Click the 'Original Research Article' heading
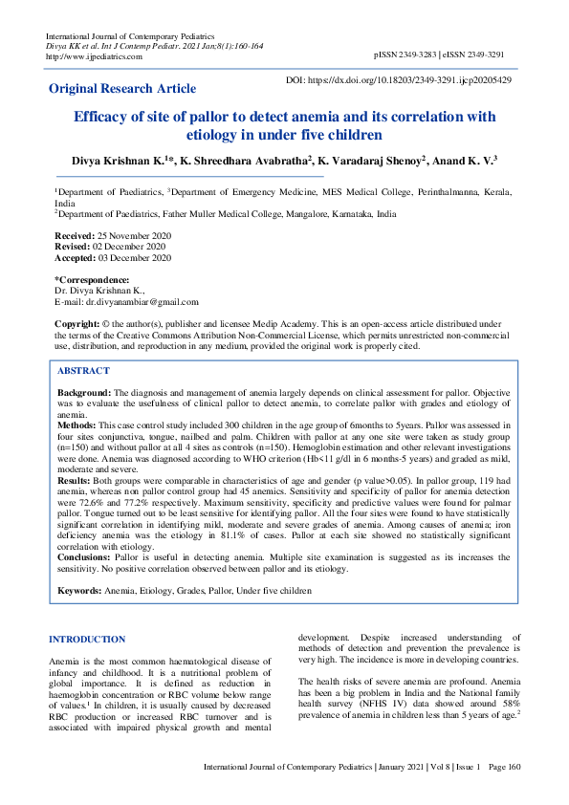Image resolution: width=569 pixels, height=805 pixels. (x=122, y=89)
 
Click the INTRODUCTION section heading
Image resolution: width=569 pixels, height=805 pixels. (x=86, y=639)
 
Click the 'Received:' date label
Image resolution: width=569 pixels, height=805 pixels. (x=75, y=235)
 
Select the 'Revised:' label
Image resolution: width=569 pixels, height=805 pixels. (x=73, y=247)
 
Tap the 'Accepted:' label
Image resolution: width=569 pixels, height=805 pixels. (x=76, y=258)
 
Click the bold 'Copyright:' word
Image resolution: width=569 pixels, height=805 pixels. (x=77, y=325)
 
